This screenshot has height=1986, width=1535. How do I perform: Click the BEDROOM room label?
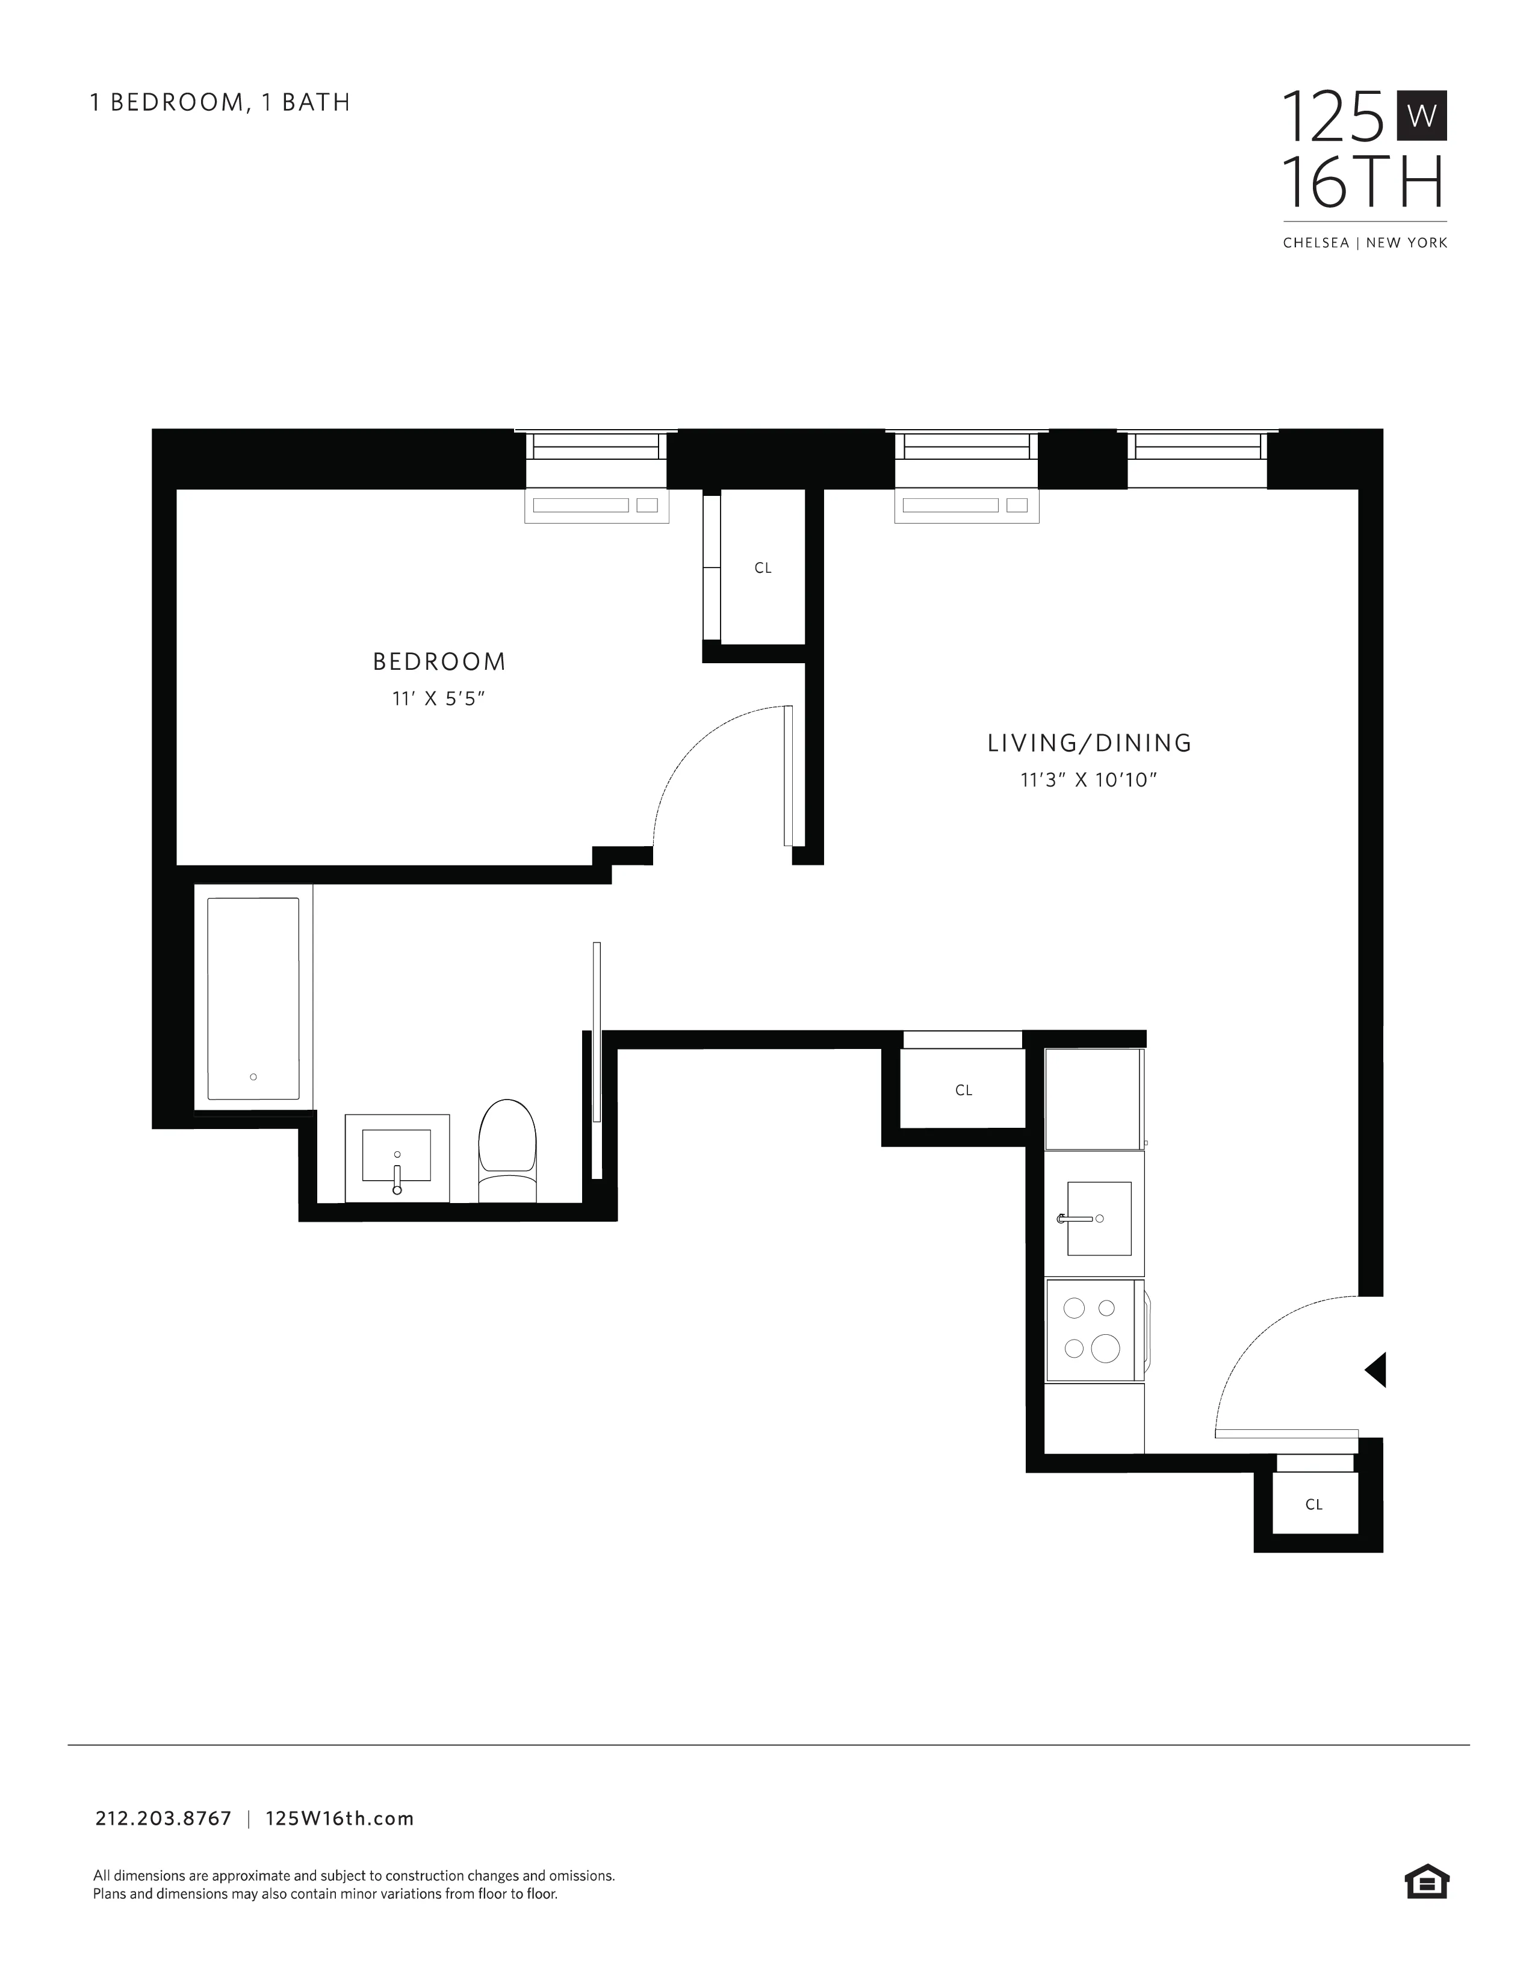[439, 661]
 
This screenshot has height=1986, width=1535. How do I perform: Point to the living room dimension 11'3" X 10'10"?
[1088, 779]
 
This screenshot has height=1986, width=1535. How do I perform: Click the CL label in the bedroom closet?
[763, 568]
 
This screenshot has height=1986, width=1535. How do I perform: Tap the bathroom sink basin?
[397, 1155]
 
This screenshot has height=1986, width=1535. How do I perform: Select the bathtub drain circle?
[253, 1077]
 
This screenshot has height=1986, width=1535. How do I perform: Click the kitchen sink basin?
[1099, 1219]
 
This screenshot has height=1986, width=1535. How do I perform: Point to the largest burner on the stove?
[1105, 1349]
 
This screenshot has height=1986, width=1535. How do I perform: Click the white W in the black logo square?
[1421, 116]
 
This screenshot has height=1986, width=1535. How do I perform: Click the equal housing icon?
[1427, 1881]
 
